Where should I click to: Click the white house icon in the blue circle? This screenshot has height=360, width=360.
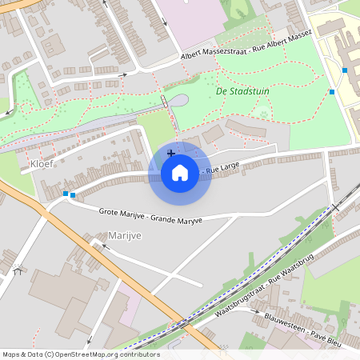click(x=180, y=172)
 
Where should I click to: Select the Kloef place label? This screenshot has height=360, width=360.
click(x=42, y=164)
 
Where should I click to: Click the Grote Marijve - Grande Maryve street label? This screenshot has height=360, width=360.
click(x=150, y=216)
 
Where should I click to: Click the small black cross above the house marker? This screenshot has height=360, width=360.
click(x=171, y=152)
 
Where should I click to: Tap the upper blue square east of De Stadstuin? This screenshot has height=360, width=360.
click(x=345, y=70)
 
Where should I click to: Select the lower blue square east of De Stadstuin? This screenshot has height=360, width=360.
click(x=332, y=92)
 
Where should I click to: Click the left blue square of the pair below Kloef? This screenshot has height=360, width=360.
click(x=65, y=194)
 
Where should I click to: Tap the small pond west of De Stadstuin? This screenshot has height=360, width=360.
click(x=180, y=101)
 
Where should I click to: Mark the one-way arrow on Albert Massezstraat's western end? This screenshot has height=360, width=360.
click(x=122, y=75)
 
